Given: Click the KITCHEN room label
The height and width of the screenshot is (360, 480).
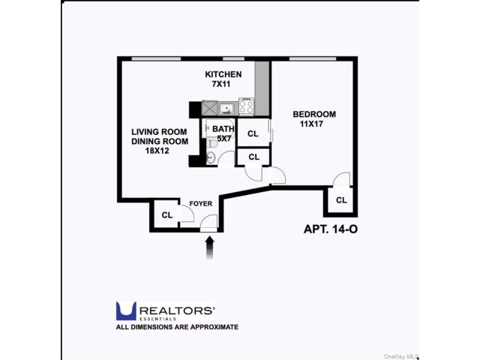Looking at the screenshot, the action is tap(223, 74).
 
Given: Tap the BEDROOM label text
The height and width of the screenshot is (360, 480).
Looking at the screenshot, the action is tap(314, 114).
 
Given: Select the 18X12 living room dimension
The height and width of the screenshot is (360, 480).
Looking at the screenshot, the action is tap(157, 151).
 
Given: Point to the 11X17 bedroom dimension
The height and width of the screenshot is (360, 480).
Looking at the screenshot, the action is tap(312, 124).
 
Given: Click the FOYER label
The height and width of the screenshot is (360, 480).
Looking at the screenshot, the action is tap(201, 203).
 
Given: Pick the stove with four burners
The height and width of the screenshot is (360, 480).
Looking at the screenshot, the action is tap(247, 106).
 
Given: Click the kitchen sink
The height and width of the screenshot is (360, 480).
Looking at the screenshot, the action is tap(226, 109).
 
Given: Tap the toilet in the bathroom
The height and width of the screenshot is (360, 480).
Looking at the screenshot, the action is tap(211, 143).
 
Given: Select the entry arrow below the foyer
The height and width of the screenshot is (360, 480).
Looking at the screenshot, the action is tap(210, 248).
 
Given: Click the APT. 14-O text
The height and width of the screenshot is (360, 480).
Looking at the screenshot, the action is tap(331, 229).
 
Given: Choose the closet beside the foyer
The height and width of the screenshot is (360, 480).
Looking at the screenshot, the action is tap(166, 214).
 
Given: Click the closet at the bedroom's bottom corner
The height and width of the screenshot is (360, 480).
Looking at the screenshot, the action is tap(340, 200).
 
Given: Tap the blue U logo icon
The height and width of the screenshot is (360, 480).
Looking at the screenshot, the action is tap(126, 311).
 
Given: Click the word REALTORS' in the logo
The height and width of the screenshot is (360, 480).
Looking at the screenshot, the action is tap(177, 310).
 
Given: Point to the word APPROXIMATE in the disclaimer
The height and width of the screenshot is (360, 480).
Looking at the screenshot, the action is tap(214, 327).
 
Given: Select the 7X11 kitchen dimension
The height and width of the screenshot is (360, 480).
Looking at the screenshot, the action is tap(221, 84).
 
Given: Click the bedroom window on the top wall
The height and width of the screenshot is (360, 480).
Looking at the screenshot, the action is tap(313, 58).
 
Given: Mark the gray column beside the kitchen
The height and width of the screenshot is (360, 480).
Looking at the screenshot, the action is tap(262, 88).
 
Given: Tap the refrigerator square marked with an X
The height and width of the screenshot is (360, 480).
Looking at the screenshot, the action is tap(209, 108).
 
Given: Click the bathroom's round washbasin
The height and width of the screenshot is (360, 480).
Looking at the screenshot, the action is tap(211, 157).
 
